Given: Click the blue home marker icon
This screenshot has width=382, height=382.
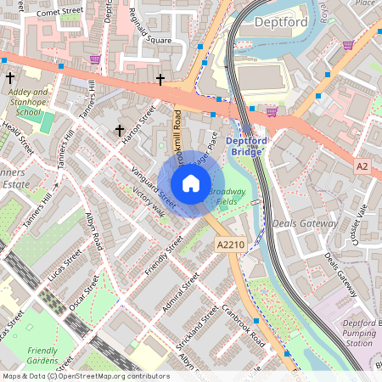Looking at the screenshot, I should point(191,183).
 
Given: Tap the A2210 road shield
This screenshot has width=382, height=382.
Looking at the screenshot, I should point(232,244).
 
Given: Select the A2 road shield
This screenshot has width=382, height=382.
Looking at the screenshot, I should point(362,166).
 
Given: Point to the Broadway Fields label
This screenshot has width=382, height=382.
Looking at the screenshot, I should point(227,197).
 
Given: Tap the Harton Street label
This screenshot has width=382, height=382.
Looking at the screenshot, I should point(138,125).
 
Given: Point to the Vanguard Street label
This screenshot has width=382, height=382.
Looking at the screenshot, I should point(153,186).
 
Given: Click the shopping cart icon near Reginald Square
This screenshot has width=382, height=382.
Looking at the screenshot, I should point(95,59).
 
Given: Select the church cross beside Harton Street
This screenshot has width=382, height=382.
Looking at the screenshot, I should point(120,131).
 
